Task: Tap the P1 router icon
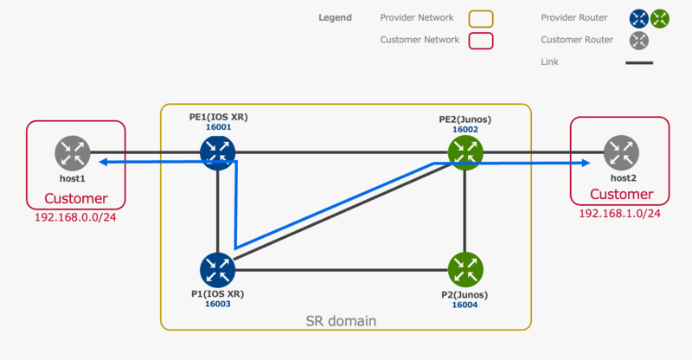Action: click(217, 270)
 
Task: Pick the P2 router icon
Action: click(465, 270)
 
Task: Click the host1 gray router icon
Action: click(73, 153)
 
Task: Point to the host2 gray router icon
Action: click(621, 153)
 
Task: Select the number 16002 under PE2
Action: click(465, 129)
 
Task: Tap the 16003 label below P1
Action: click(217, 305)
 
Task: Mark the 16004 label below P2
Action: click(465, 305)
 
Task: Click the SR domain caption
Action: click(341, 321)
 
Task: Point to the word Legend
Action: click(335, 17)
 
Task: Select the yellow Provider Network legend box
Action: click(481, 18)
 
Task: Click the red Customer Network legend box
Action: click(481, 40)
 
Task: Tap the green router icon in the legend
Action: click(661, 18)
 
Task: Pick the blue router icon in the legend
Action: click(639, 18)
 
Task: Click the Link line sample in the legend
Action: click(639, 62)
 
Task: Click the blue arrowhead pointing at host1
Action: click(100, 161)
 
